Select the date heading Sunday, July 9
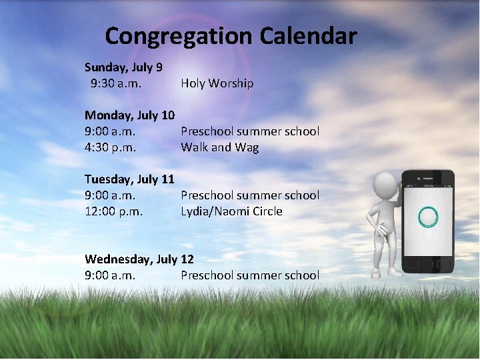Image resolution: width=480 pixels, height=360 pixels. click(x=123, y=67)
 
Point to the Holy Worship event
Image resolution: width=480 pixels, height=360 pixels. click(x=217, y=83)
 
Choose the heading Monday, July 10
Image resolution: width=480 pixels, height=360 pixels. click(x=129, y=115)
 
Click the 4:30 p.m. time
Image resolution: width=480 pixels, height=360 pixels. click(x=110, y=147)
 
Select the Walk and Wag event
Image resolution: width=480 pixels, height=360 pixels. click(x=219, y=147)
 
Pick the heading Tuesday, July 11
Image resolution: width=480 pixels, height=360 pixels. click(x=129, y=179)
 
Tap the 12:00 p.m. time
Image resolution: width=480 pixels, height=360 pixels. click(x=113, y=211)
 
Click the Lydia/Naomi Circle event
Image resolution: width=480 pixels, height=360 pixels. click(x=231, y=211)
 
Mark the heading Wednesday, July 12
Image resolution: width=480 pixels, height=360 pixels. click(x=139, y=259)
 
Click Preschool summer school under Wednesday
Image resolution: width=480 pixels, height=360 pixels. click(x=250, y=275)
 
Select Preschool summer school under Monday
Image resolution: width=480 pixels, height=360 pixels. click(x=250, y=131)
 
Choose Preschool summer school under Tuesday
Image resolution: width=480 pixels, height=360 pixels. click(x=250, y=195)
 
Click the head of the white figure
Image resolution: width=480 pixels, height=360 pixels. click(x=386, y=185)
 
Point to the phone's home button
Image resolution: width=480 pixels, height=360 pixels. click(x=427, y=265)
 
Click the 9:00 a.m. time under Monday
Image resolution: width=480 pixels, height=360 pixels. click(x=110, y=131)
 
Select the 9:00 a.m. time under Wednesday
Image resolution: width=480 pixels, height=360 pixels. click(x=110, y=275)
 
